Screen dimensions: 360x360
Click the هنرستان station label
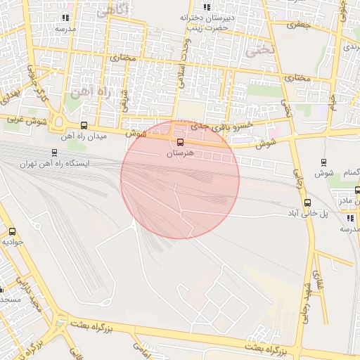[x=181, y=153]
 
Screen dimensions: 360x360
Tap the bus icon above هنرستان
[x=181, y=142]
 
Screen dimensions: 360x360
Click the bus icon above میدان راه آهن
[x=85, y=125]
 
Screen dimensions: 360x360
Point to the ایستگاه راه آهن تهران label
[x=55, y=163]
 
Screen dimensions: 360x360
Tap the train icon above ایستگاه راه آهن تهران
[x=55, y=153]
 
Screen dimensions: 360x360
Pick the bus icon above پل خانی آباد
[x=307, y=202]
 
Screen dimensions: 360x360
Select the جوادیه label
[x=13, y=241]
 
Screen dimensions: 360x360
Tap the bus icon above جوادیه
[x=12, y=231]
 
